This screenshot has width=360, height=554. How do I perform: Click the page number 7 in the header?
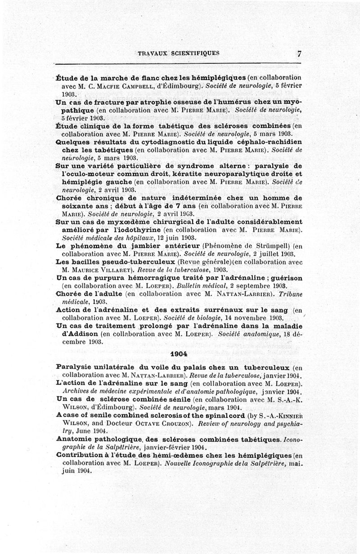tap(299, 53)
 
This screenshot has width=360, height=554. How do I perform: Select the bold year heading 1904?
tap(179, 354)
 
